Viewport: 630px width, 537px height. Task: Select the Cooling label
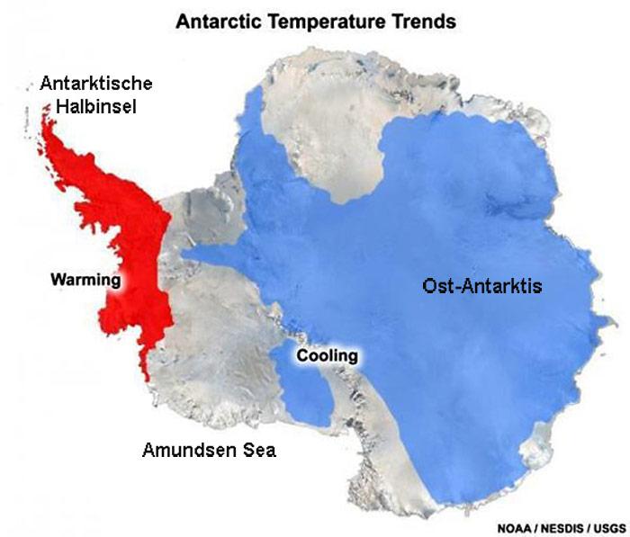point(327,356)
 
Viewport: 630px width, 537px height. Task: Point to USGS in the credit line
point(610,527)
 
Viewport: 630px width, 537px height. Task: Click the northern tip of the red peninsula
point(47,115)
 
